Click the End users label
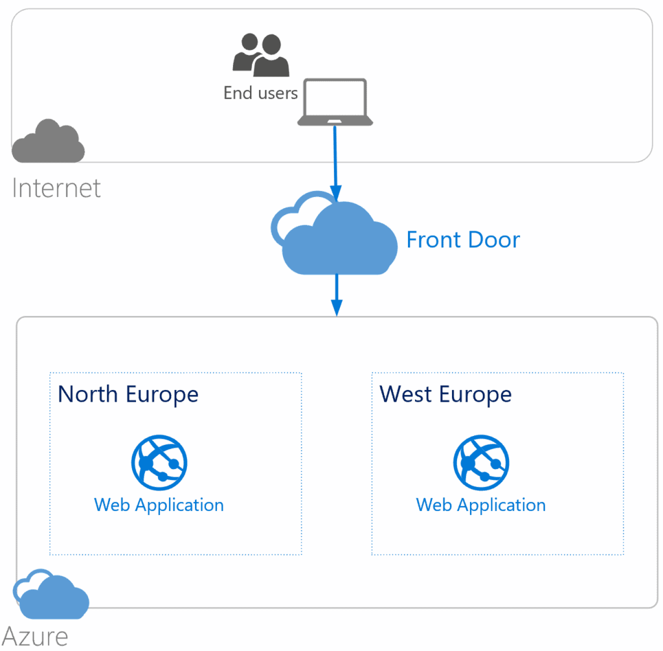coord(260,93)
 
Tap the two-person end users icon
coord(260,54)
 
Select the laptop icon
coord(335,102)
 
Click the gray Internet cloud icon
coord(49,141)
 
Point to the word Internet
coord(56,188)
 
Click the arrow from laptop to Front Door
coord(335,162)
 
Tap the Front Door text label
coord(463,240)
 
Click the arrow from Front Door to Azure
coord(336,295)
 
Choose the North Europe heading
coord(128,394)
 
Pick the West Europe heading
coord(445,394)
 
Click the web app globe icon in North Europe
coord(159,463)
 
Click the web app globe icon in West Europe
coord(481,463)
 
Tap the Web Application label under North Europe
coord(159,505)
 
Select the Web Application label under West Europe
coord(481,505)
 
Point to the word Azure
coord(36,635)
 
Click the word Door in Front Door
coord(491,240)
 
